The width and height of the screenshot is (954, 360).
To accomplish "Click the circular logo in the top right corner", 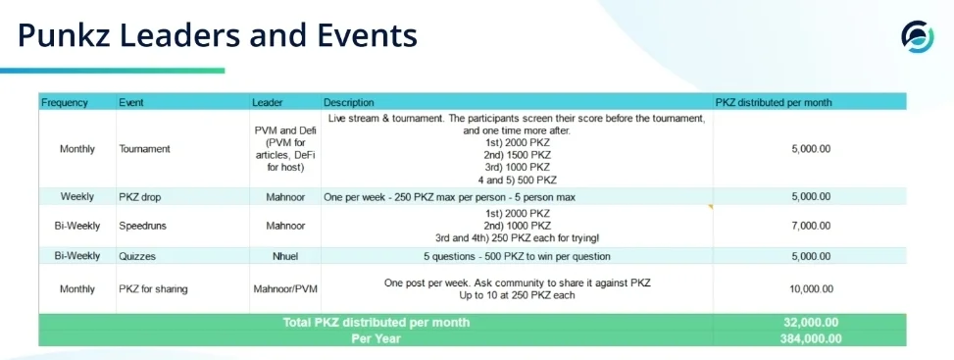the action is point(917,36).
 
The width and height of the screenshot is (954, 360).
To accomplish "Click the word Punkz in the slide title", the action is point(64,35).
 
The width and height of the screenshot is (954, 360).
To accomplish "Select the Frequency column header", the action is point(65,102).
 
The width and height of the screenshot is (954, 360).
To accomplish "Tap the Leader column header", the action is point(268,102).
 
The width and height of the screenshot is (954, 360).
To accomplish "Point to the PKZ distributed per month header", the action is point(774,102).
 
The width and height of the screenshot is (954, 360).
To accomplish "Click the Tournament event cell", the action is point(145,149).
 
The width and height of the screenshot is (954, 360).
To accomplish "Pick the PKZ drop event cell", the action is point(140,197).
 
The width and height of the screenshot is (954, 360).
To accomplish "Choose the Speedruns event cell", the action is point(143,226).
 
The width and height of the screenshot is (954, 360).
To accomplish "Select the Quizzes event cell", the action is point(137,256).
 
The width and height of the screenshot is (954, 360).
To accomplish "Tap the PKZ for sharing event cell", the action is point(153,289).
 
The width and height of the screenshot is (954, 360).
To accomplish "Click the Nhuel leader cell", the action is point(284,256).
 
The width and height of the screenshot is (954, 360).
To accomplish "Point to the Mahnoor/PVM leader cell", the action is point(284,289).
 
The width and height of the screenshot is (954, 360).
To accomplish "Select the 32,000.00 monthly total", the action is point(811,322).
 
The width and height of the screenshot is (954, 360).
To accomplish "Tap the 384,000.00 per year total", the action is point(811,338).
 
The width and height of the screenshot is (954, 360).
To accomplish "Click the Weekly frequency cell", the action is point(77,197).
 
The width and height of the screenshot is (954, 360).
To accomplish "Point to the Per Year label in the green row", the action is point(376,338).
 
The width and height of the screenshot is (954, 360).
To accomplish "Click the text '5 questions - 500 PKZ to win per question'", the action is point(517,256).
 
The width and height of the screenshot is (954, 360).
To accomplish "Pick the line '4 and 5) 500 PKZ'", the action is point(517,180).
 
